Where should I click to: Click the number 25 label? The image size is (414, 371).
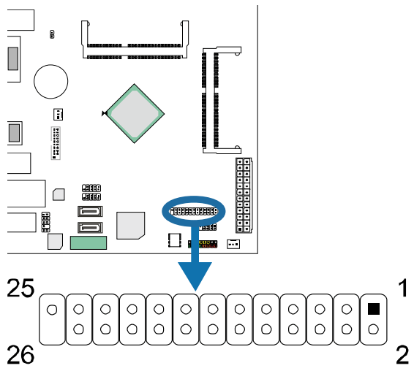point(21,288)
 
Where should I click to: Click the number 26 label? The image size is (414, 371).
point(21,356)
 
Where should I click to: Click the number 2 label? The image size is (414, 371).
point(402,356)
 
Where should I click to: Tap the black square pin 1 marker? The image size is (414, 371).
point(374,308)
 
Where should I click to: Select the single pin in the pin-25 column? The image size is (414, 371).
point(51,309)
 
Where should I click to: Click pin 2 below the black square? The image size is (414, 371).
point(374,330)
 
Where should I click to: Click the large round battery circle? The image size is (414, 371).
point(53,80)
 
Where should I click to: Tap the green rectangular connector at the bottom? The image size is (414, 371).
point(89,243)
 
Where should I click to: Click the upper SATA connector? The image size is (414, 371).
point(89,213)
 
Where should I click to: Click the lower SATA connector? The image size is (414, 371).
point(89,227)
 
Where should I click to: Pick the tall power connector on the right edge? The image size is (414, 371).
point(244,195)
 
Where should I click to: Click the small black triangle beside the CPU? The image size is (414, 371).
point(105,113)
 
